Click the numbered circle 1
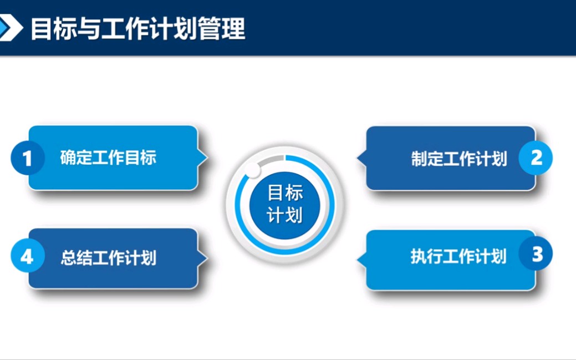coord(27,158)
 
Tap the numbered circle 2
coord(536,158)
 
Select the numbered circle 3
coord(536,254)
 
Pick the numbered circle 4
coord(27,257)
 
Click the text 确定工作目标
coord(108,158)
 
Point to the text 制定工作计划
coord(458,159)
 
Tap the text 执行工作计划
coord(458,257)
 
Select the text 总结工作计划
coord(108,258)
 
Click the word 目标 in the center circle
coord(285,192)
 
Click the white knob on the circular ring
coord(252,170)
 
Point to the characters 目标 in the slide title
coord(48,29)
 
